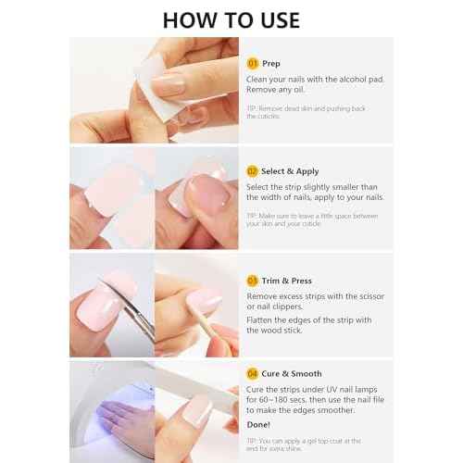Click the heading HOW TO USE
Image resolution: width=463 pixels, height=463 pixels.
[231, 19]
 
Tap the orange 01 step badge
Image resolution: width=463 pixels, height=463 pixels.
[252, 63]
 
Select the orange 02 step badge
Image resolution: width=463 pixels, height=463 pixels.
[252, 170]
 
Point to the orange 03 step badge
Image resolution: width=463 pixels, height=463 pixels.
[252, 280]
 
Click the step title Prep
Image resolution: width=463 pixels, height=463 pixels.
[271, 63]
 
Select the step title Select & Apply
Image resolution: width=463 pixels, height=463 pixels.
[291, 170]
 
